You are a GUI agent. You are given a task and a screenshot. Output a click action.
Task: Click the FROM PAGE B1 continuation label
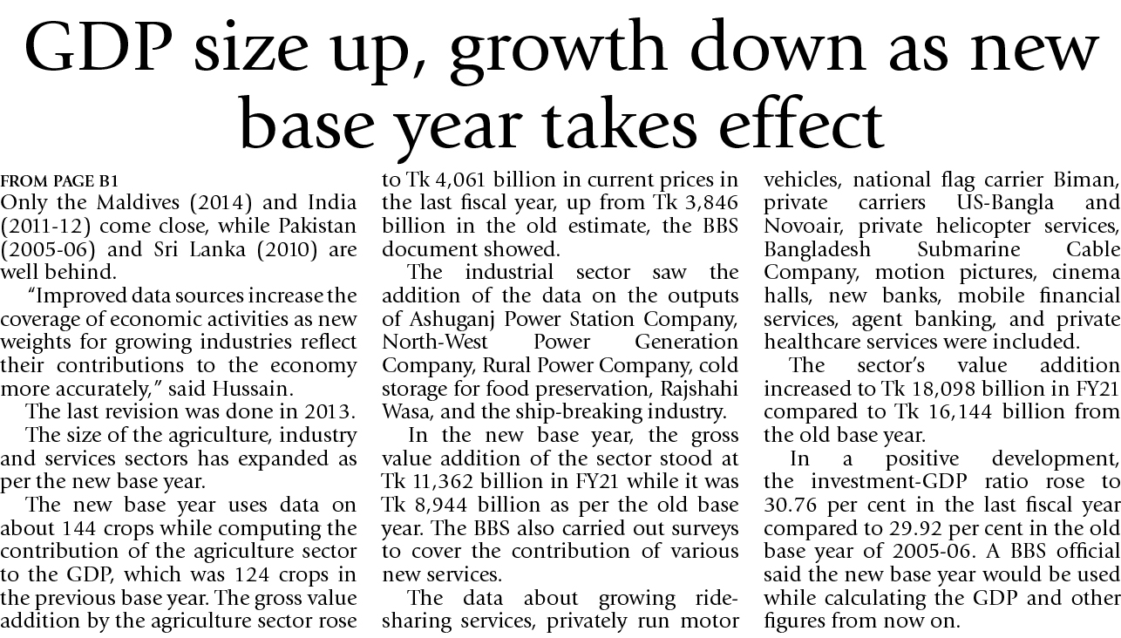click(x=59, y=182)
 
